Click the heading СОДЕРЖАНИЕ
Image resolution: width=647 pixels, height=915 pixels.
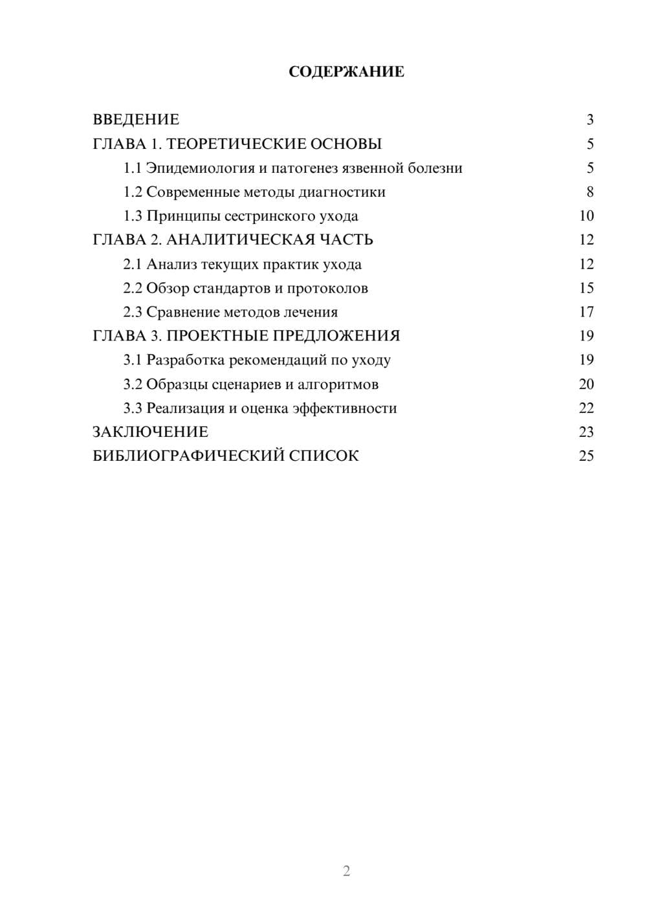click(346, 72)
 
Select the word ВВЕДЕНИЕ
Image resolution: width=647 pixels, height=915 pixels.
click(136, 120)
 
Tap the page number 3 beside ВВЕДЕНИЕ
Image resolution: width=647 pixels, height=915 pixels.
click(589, 120)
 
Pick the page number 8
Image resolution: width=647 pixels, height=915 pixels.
click(589, 192)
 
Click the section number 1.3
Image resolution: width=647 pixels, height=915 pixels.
click(133, 216)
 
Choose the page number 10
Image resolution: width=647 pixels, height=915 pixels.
click(586, 216)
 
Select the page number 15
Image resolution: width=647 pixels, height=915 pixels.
click(586, 289)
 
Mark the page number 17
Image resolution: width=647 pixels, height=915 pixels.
click(586, 313)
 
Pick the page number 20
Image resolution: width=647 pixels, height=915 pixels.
click(586, 384)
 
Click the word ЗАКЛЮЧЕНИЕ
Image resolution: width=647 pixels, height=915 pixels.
click(151, 432)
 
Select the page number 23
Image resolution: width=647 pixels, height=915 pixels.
click(586, 432)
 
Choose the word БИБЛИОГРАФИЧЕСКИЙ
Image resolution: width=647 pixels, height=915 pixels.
click(188, 456)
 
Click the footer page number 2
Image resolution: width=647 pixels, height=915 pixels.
click(346, 871)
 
